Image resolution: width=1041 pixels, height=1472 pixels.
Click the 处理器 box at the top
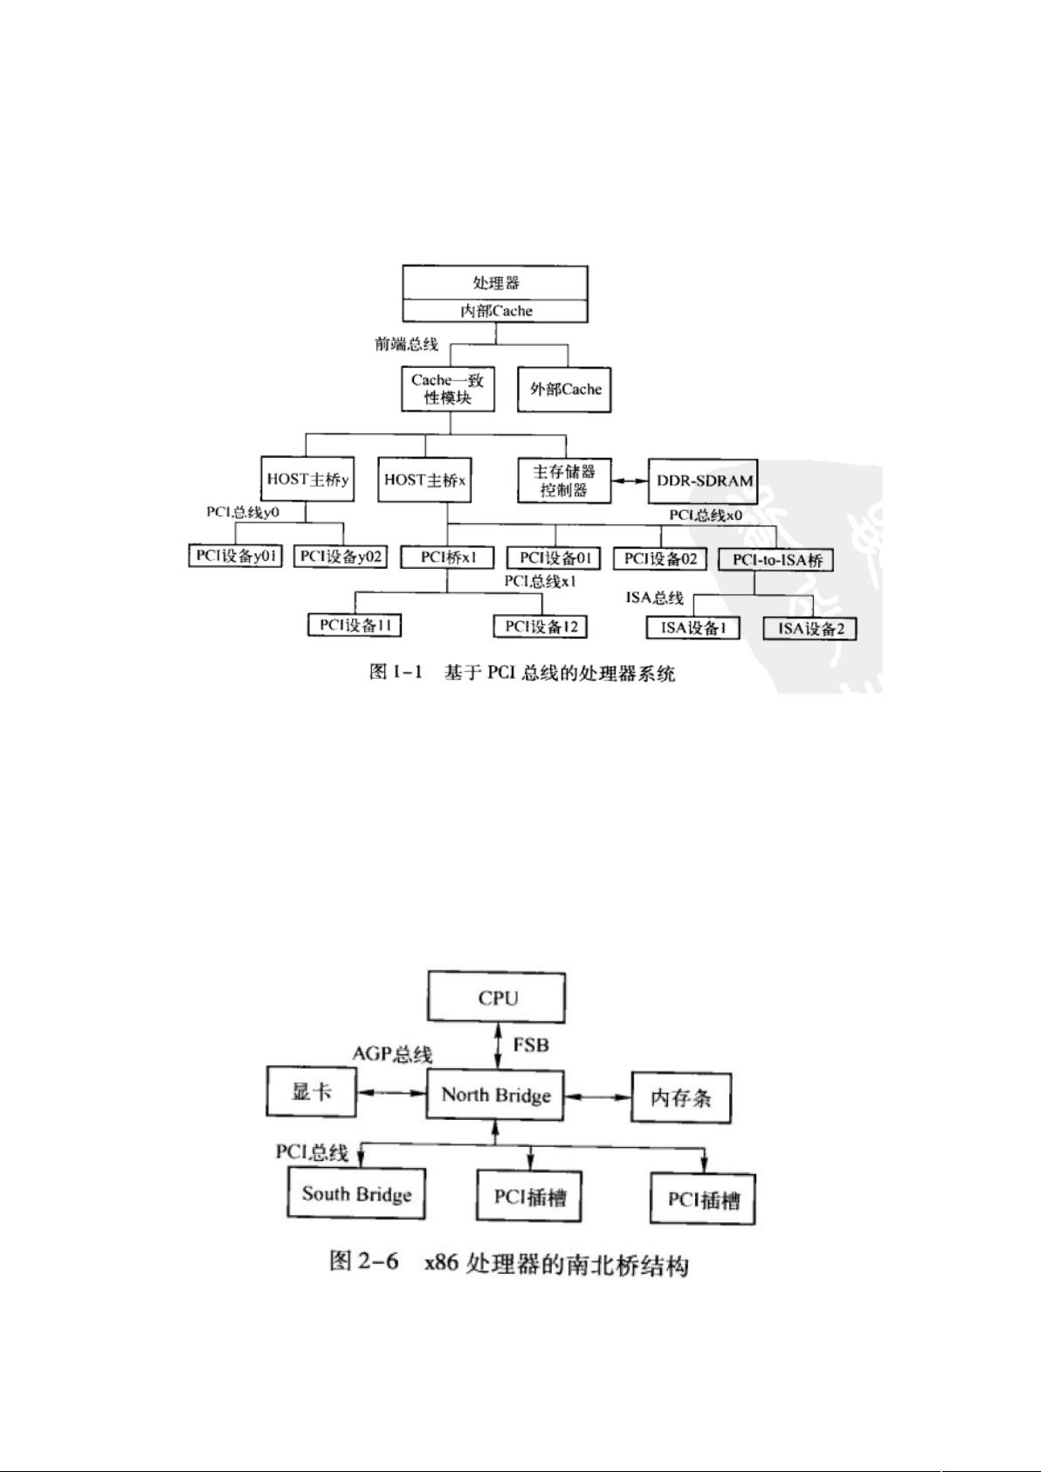coord(495,283)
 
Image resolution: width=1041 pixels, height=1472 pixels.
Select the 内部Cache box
coord(495,311)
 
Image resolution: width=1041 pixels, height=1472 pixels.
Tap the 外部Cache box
coord(564,390)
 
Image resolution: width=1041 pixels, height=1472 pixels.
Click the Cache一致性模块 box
coord(448,389)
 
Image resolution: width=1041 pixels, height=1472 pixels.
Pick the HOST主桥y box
coord(307,479)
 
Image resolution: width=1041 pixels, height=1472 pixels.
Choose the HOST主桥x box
coord(425,480)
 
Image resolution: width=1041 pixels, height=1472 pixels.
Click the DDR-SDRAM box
coord(703,481)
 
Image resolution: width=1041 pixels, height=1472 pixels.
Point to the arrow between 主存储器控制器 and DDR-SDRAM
coord(630,481)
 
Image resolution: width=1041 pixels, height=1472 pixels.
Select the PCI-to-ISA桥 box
coord(776,560)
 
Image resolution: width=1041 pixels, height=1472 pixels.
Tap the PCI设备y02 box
coord(341,556)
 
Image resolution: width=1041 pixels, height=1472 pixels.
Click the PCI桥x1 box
coord(447,557)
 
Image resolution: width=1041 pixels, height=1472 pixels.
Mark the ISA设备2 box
coord(810,629)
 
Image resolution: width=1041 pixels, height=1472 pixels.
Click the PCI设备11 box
coord(355,625)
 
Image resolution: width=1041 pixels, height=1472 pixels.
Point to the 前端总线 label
coord(406,344)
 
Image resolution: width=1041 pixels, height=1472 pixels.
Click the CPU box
coord(497,998)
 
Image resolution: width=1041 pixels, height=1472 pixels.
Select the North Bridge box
coord(495,1095)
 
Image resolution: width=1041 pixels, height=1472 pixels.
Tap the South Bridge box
coord(356,1193)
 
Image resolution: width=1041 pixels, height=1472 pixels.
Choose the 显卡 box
coord(312,1091)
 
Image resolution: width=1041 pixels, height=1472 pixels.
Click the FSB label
coord(531,1045)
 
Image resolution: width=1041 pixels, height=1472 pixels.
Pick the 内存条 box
coord(681,1097)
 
